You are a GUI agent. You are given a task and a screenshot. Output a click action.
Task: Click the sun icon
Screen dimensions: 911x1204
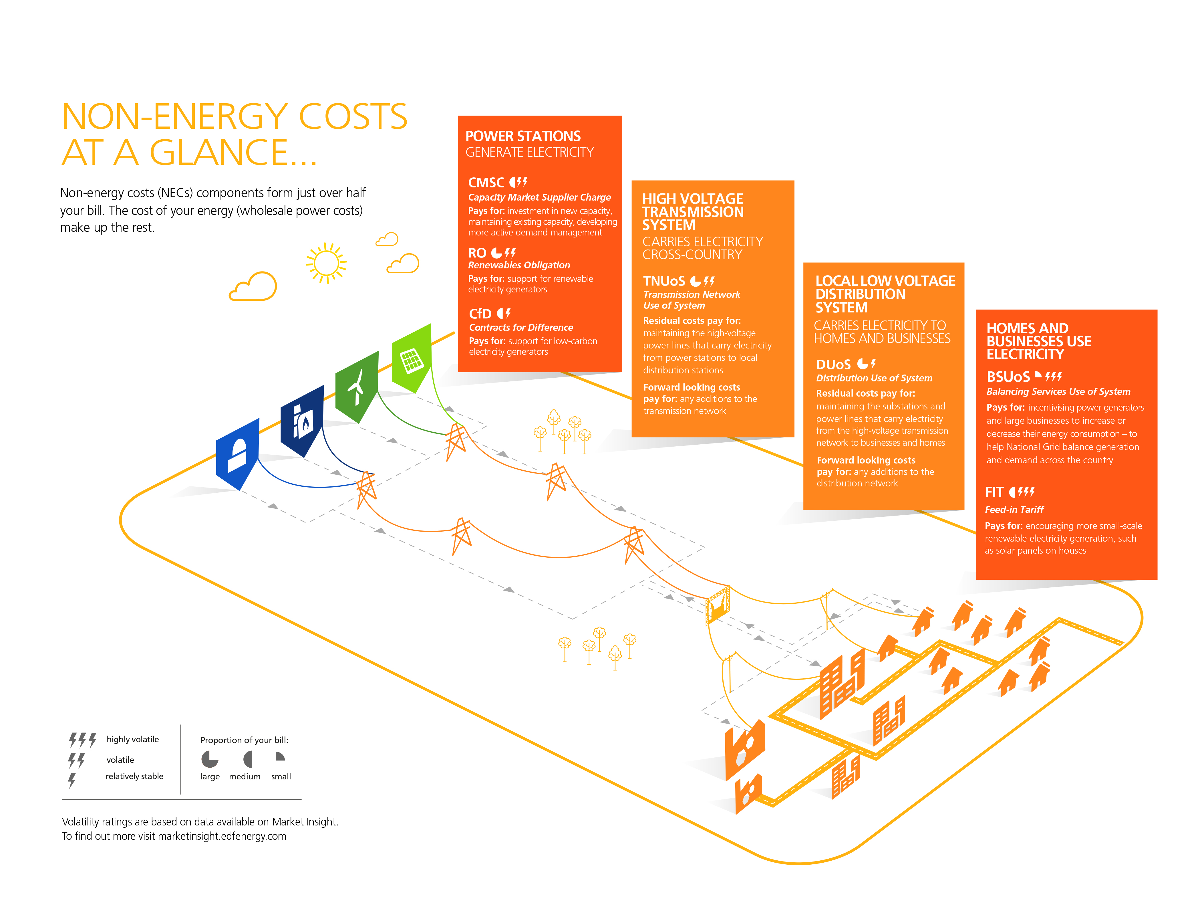pyautogui.click(x=326, y=263)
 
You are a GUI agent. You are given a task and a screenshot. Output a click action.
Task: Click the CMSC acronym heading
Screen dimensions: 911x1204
pyautogui.click(x=486, y=183)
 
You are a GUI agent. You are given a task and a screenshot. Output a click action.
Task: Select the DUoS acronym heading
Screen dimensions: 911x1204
pyautogui.click(x=833, y=364)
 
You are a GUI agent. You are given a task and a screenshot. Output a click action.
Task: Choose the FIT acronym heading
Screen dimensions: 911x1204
pyautogui.click(x=994, y=492)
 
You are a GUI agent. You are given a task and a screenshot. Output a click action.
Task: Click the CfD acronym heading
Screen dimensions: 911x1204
pyautogui.click(x=480, y=314)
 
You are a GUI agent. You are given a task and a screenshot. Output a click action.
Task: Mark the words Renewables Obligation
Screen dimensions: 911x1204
pyautogui.click(x=519, y=265)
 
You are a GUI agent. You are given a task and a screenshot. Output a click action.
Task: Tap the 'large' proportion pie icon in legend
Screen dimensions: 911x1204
pyautogui.click(x=210, y=758)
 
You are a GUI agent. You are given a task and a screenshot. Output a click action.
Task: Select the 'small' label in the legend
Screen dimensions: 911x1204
pyautogui.click(x=281, y=777)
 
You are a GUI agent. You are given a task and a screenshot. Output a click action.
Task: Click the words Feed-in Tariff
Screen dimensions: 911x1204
pyautogui.click(x=1014, y=510)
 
